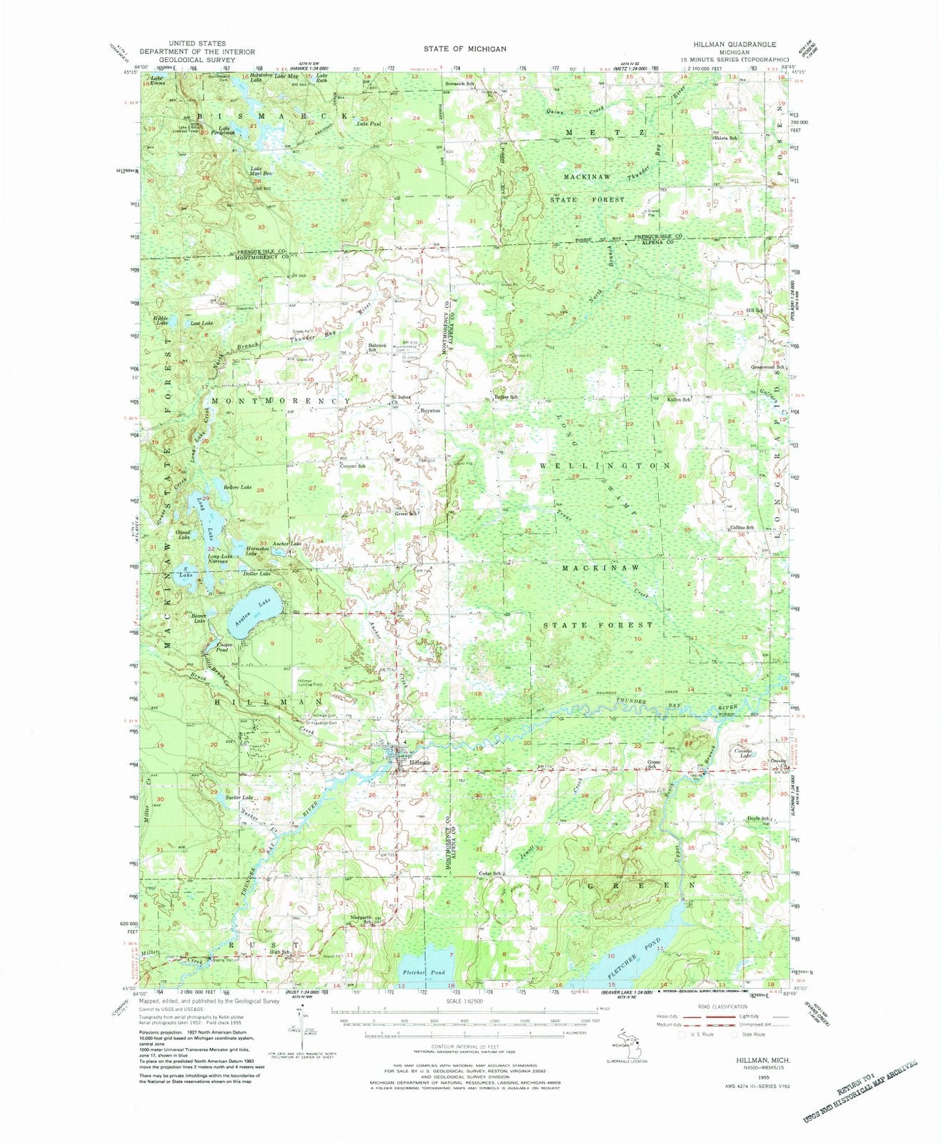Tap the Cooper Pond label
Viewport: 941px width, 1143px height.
click(x=225, y=647)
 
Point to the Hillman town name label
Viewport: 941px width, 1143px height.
click(x=420, y=762)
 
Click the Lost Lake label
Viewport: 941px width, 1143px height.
click(x=201, y=324)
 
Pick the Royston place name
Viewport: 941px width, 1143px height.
click(x=429, y=411)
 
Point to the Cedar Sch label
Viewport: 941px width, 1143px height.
click(x=494, y=874)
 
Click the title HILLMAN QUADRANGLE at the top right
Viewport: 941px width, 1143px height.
click(x=740, y=44)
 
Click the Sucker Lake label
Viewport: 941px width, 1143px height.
click(x=239, y=797)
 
